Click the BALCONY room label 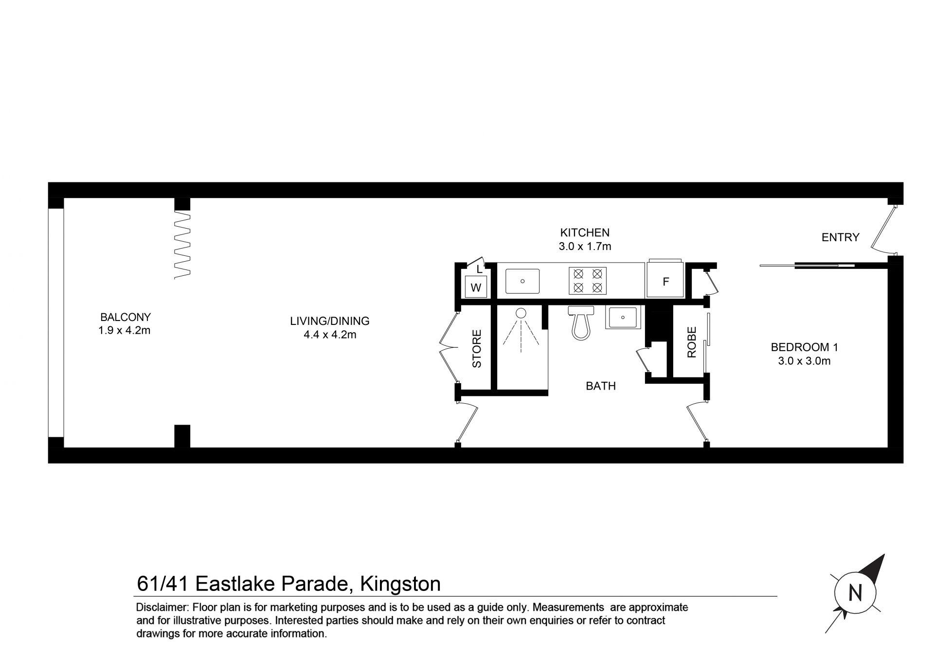[x=126, y=317]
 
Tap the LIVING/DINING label [x=330, y=321]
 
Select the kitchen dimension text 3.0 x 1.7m [x=585, y=246]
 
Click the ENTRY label [x=840, y=237]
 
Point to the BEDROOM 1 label [x=805, y=347]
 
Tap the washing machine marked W [x=476, y=287]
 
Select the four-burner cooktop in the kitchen [x=588, y=281]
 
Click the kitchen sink [x=522, y=281]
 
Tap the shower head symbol [x=521, y=313]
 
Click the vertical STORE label [x=477, y=349]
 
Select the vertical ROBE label [x=692, y=342]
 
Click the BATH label [x=601, y=386]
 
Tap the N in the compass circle [x=855, y=593]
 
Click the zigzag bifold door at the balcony [x=182, y=245]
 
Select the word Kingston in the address [x=400, y=584]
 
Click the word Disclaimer [x=162, y=607]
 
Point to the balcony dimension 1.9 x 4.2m [x=125, y=331]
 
